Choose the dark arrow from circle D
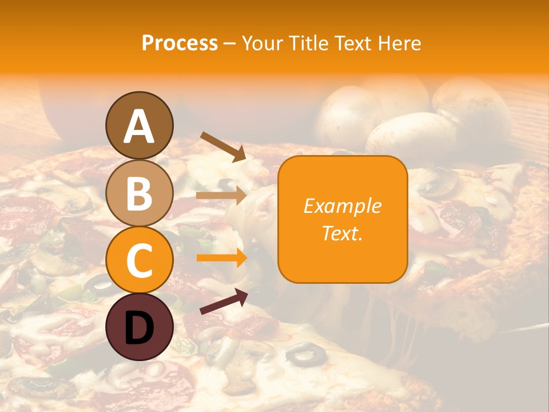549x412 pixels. (x=224, y=302)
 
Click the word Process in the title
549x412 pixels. (x=180, y=43)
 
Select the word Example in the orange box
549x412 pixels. (x=342, y=207)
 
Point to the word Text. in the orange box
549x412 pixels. (x=342, y=233)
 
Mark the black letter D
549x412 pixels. (x=139, y=328)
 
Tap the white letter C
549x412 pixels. (x=139, y=261)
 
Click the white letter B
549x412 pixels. (x=139, y=193)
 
